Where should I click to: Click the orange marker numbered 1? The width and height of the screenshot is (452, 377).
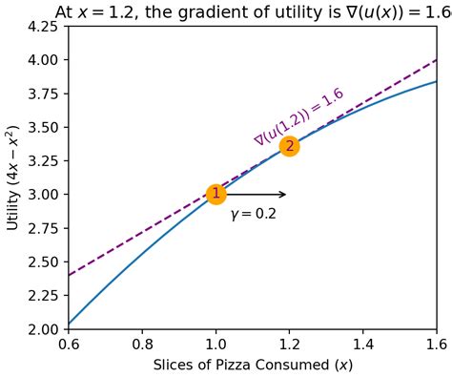[x=216, y=194]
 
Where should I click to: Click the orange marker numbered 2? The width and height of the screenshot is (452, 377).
[x=289, y=146]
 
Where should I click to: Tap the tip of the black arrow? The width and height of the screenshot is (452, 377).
[x=286, y=195]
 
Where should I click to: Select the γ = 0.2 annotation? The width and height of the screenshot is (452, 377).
[x=253, y=215]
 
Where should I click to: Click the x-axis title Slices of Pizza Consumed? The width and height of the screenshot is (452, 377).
[x=252, y=365]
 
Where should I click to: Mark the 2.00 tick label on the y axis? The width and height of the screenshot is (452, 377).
[x=44, y=329]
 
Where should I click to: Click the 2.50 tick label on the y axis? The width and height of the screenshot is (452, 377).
[x=44, y=262]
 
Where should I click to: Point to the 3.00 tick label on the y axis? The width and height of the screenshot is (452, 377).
[x=44, y=195]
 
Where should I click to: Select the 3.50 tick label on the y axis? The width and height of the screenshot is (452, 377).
[x=44, y=127]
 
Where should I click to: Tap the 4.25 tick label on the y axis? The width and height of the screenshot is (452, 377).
[x=44, y=26]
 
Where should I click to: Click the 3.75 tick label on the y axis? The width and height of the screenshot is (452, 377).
[x=44, y=94]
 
